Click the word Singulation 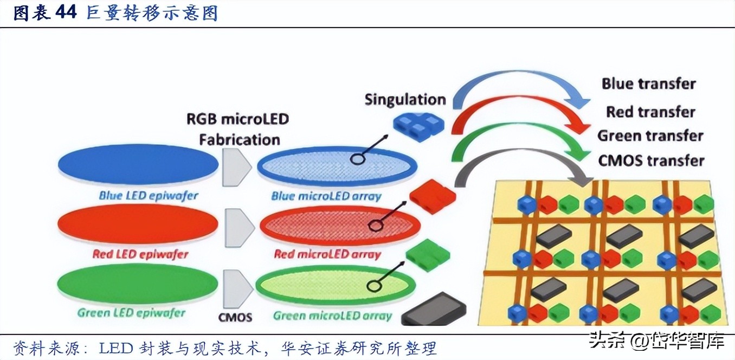tap(404, 100)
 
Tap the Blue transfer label tap(648, 83)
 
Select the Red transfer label tap(650, 112)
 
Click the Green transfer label tap(650, 136)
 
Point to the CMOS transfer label tap(650, 160)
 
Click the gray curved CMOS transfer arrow tap(520, 165)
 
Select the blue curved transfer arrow tap(520, 81)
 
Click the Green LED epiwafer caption tap(131, 313)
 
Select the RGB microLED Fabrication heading tap(238, 128)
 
